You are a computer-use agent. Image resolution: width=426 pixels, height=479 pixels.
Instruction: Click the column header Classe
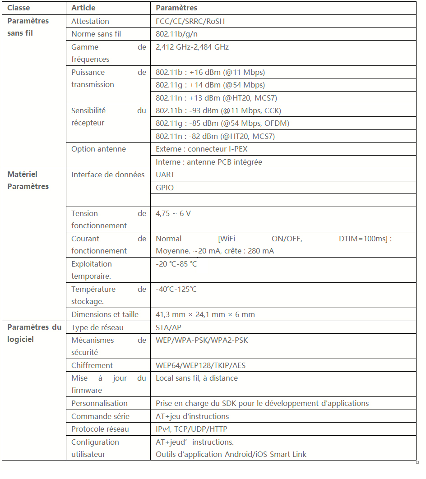pyautogui.click(x=19, y=8)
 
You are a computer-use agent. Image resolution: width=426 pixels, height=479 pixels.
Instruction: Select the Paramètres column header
pyautogui.click(x=176, y=8)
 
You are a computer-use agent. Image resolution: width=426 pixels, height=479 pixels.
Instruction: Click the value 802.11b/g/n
pyautogui.click(x=176, y=34)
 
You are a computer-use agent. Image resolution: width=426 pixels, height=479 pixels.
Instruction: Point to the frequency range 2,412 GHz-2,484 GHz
pyautogui.click(x=192, y=47)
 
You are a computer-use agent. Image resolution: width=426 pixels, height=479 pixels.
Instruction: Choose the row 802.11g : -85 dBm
pyautogui.click(x=222, y=123)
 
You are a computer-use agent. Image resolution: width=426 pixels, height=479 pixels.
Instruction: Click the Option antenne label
pyautogui.click(x=99, y=149)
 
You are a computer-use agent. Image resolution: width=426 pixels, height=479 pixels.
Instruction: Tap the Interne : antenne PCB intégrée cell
pyautogui.click(x=209, y=162)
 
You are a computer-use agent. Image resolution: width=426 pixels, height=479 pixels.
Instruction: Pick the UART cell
pyautogui.click(x=165, y=175)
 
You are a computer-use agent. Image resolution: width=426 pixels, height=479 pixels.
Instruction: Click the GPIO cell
pyautogui.click(x=165, y=188)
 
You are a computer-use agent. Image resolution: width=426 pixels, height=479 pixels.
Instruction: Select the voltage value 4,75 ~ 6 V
pyautogui.click(x=173, y=213)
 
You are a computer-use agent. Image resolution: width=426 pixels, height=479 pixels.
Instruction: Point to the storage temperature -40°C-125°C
pyautogui.click(x=176, y=289)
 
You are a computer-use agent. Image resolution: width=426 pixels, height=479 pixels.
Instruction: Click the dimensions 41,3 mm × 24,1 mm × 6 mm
pyautogui.click(x=205, y=314)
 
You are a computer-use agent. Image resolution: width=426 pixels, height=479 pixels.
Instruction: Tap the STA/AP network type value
pyautogui.click(x=169, y=327)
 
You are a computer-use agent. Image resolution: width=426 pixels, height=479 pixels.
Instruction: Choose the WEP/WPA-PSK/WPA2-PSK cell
pyautogui.click(x=202, y=340)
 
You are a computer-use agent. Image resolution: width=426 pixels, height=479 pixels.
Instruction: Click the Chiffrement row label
pyautogui.click(x=92, y=365)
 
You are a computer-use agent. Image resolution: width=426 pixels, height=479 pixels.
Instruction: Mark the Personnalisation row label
pyautogui.click(x=100, y=403)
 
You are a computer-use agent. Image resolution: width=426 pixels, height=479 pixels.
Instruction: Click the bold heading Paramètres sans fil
pyautogui.click(x=28, y=27)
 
